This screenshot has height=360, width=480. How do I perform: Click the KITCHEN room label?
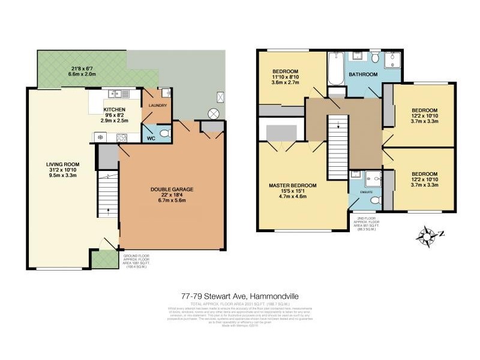click(x=114, y=109)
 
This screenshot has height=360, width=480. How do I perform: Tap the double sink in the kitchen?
click(x=115, y=93)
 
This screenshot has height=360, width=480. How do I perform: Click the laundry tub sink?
click(x=166, y=92)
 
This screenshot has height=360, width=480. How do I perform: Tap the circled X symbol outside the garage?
click(x=213, y=113)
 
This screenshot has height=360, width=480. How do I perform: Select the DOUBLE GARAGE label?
click(x=172, y=189)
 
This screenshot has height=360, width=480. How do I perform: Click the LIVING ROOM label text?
click(x=63, y=164)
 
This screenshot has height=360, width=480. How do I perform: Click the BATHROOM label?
click(x=364, y=74)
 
